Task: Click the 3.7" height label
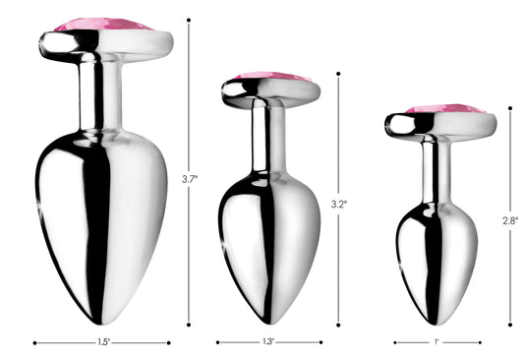[190, 178]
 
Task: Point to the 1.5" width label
[102, 343]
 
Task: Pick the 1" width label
[437, 343]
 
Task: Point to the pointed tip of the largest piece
[102, 321]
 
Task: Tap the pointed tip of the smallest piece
[437, 323]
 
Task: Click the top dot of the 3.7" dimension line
[190, 20]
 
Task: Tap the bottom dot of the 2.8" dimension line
[511, 324]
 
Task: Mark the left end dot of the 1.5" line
[35, 343]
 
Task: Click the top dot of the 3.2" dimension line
[339, 74]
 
